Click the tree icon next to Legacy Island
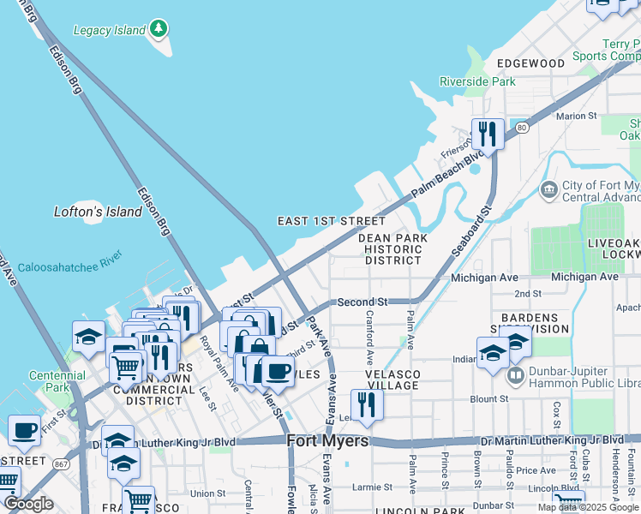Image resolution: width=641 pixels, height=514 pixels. tap(158, 29)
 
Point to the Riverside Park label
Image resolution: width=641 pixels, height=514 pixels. tap(477, 81)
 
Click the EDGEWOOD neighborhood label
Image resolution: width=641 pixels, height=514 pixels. tap(531, 63)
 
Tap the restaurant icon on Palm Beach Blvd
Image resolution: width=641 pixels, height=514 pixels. tap(487, 134)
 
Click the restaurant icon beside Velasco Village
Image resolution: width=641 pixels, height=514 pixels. tap(367, 404)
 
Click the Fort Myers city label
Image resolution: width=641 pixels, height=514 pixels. tap(327, 441)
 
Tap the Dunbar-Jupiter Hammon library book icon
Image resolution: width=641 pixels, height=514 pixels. tap(516, 375)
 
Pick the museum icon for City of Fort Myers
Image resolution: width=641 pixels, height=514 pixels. tap(548, 188)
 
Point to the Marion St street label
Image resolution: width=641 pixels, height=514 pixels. tap(576, 116)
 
